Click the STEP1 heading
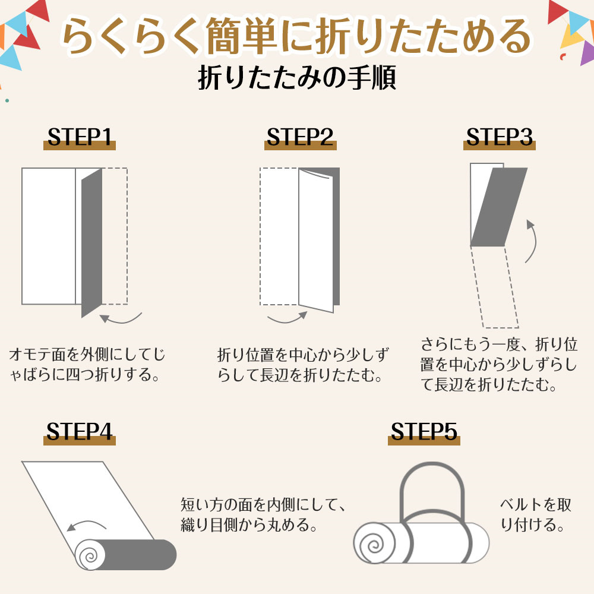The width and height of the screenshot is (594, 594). [x=80, y=137]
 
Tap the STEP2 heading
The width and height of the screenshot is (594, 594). [x=300, y=137]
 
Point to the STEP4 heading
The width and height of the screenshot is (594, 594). [x=80, y=432]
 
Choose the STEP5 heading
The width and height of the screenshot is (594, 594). [x=424, y=432]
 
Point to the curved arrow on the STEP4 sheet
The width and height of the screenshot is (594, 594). [x=88, y=525]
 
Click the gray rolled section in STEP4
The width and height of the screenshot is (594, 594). [x=143, y=555]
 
